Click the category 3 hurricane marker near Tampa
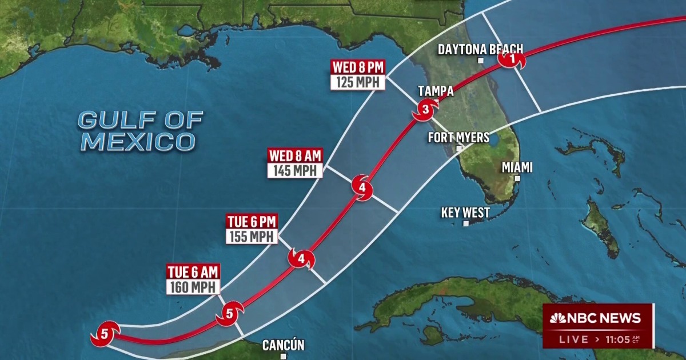coord(425,109)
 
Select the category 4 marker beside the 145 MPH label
coord(362,187)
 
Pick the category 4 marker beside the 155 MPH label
coord(301,259)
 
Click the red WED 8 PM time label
coord(358,67)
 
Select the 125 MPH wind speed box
coord(358,82)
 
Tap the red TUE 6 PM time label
coord(252,222)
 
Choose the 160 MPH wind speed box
coord(192,287)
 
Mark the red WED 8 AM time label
coord(295,155)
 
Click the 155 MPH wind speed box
coord(252,237)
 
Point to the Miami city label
coord(517,167)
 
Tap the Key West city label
coord(465,213)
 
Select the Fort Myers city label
coord(458,138)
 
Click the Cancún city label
coord(283,345)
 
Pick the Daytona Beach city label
coord(480,50)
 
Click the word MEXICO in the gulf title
coord(137,141)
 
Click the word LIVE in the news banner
coord(573,339)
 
